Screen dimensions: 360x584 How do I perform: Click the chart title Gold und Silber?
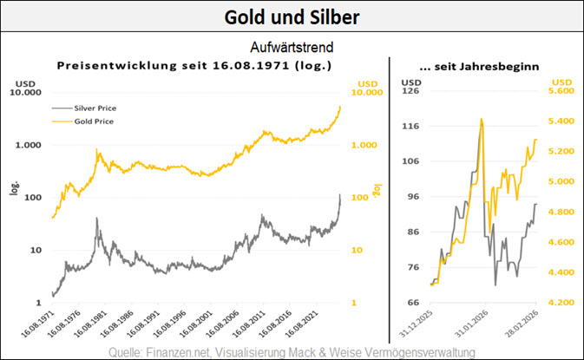[x=292, y=16]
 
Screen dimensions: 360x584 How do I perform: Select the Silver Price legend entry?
[x=95, y=108]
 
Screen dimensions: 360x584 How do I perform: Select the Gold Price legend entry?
[x=94, y=121]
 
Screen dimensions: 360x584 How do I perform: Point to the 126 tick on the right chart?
[x=410, y=89]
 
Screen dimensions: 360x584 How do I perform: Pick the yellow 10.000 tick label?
[x=370, y=92]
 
